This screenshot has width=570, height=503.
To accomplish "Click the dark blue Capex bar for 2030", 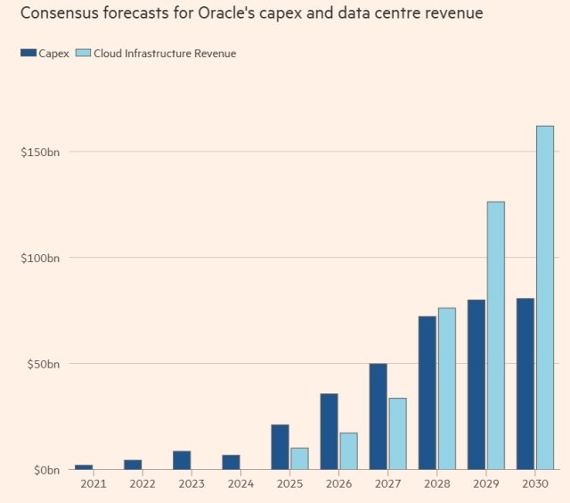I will (x=525, y=383).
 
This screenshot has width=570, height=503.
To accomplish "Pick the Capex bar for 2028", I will (x=427, y=392).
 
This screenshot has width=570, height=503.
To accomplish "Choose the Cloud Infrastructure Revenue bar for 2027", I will (x=397, y=433).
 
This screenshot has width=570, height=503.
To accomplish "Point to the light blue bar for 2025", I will (x=299, y=458).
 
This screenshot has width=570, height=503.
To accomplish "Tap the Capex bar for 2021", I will (x=84, y=466).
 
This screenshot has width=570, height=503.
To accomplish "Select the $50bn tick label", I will (x=41, y=364).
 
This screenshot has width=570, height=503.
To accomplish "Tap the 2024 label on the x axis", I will (x=240, y=483).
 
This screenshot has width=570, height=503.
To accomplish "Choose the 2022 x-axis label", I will (x=142, y=483).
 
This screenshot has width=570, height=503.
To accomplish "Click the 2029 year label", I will (x=485, y=483).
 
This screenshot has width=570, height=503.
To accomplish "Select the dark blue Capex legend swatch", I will (x=28, y=54).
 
